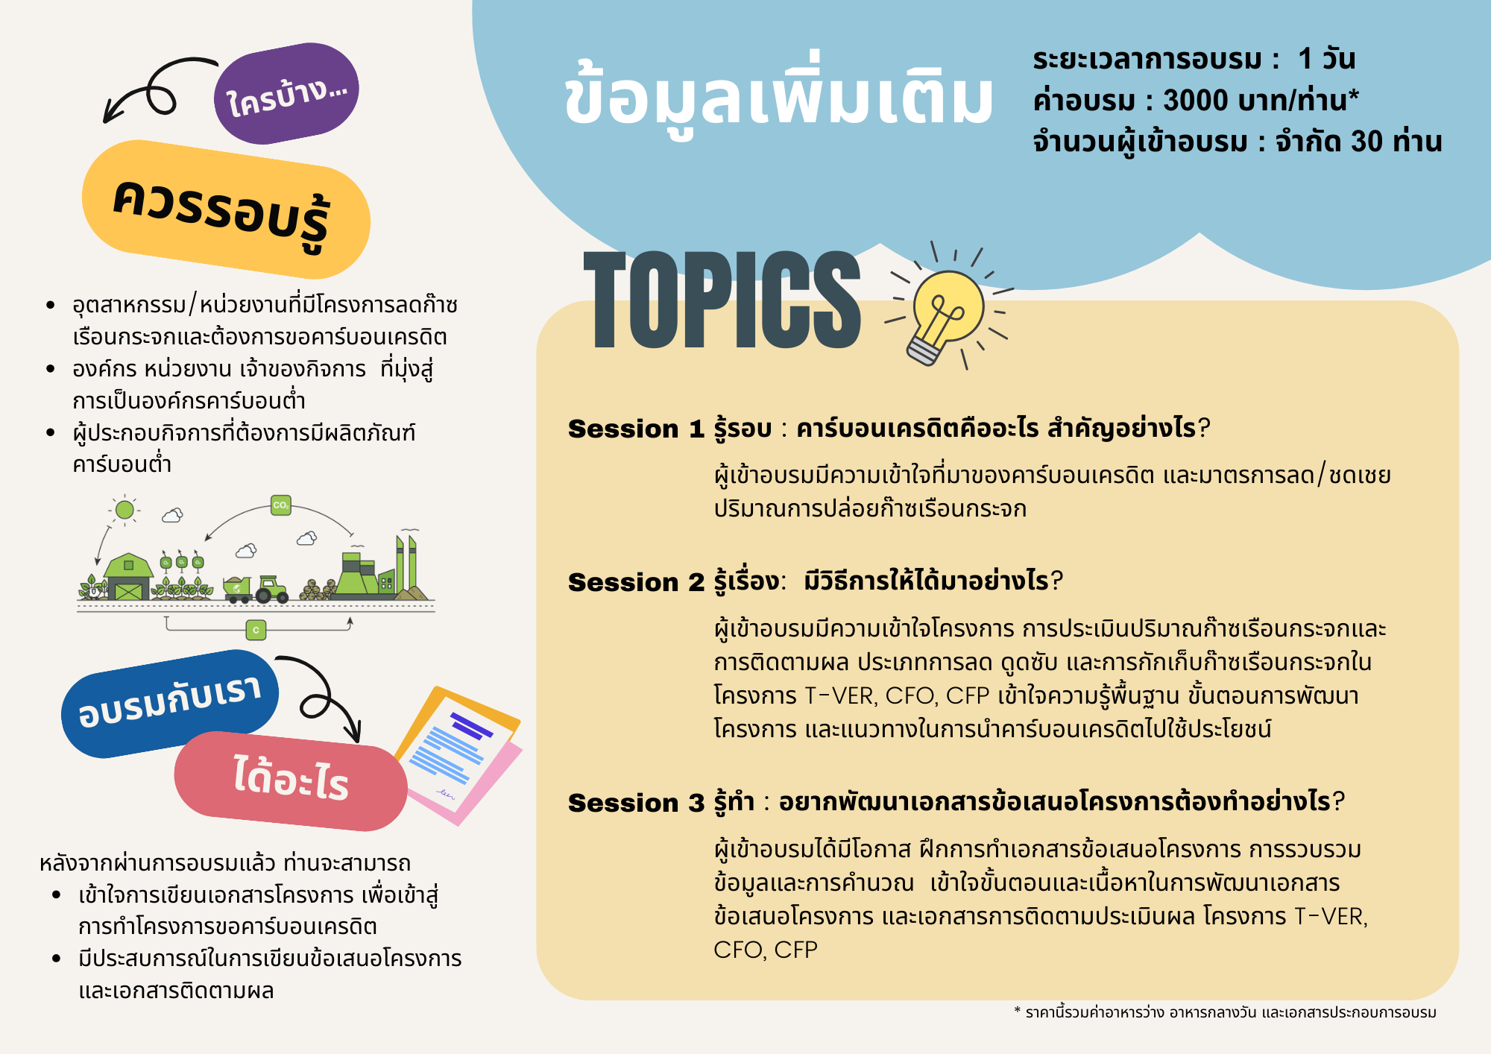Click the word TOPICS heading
click(722, 300)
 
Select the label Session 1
click(636, 429)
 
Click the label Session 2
click(636, 582)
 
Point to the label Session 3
click(636, 803)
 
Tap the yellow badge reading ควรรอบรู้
click(226, 209)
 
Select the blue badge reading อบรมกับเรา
click(170, 703)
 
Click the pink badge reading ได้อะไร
click(291, 780)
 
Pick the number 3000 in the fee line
click(1196, 100)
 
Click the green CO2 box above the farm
click(281, 505)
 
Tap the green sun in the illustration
click(124, 510)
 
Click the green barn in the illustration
click(128, 577)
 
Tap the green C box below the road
click(256, 630)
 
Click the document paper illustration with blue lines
click(457, 755)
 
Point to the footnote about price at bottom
click(1225, 1012)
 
